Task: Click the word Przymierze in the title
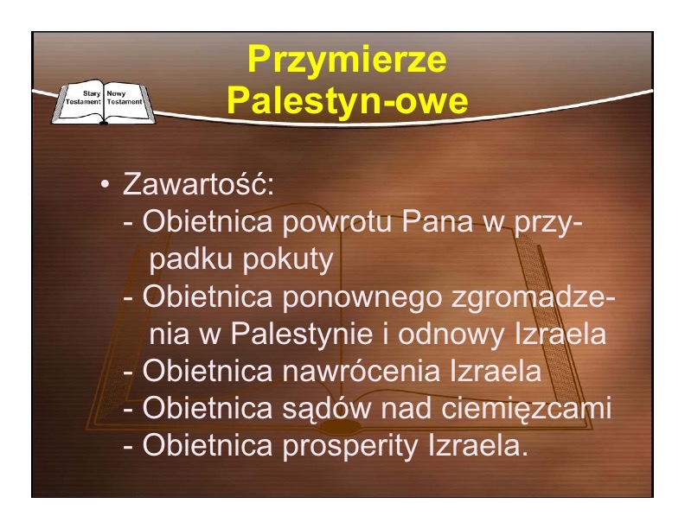347,60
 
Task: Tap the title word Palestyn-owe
348,100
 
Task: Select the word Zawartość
198,184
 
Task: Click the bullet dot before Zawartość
105,184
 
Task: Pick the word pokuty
288,259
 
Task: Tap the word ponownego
362,297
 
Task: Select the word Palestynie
302,335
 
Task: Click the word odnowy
451,335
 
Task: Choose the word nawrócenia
361,371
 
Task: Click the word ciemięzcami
526,409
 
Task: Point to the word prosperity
350,447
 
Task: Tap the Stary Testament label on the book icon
83,98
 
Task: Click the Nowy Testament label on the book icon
125,98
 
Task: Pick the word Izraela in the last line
478,445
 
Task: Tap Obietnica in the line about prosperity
207,445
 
